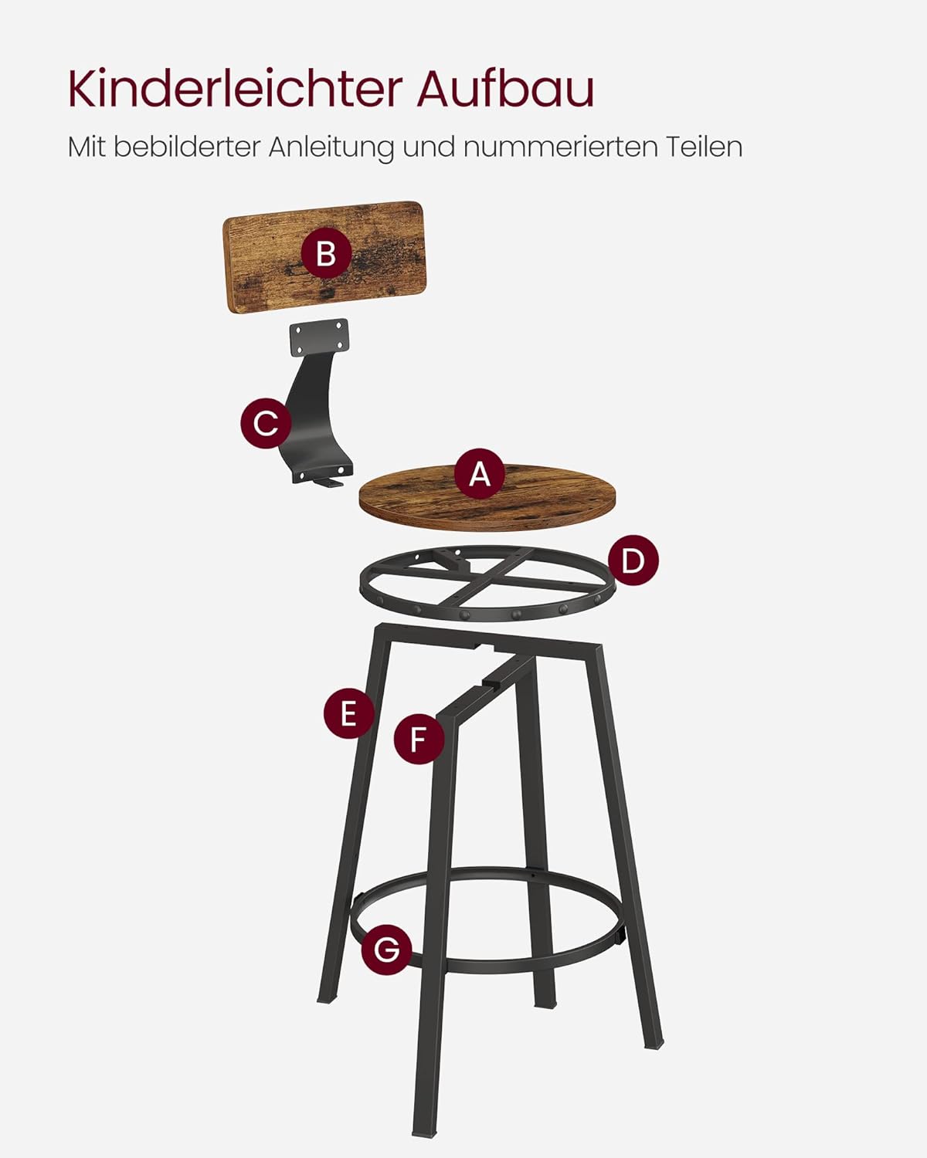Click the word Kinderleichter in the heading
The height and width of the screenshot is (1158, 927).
coord(236,89)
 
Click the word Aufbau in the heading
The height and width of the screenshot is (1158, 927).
coord(505,89)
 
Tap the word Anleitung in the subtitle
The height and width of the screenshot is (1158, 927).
coord(331,147)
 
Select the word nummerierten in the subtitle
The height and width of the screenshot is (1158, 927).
coord(560,147)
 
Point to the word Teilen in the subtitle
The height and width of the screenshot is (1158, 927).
coord(704,147)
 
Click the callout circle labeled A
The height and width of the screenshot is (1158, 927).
coord(480,474)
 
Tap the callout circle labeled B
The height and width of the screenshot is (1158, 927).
coord(326,253)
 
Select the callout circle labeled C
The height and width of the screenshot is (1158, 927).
coord(266,424)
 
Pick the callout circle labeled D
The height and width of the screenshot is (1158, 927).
coord(633,560)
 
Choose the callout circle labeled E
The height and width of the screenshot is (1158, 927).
coord(348,714)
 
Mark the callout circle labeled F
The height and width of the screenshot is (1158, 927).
coord(419,739)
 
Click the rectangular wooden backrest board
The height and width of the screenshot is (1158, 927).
coord(324,256)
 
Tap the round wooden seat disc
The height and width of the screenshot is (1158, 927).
coord(487,497)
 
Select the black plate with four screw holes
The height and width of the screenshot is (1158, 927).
coord(319,337)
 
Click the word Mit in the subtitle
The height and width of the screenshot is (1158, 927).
coord(87,147)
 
